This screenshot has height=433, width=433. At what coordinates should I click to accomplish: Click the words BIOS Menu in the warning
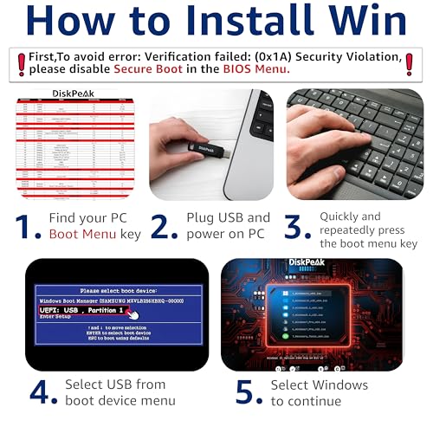(258, 69)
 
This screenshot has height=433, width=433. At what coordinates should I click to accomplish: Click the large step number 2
(164, 227)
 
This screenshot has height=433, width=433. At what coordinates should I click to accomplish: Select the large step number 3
(298, 227)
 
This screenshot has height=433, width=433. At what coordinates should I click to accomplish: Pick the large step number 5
(249, 391)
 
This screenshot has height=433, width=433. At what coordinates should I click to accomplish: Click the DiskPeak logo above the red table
(75, 93)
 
